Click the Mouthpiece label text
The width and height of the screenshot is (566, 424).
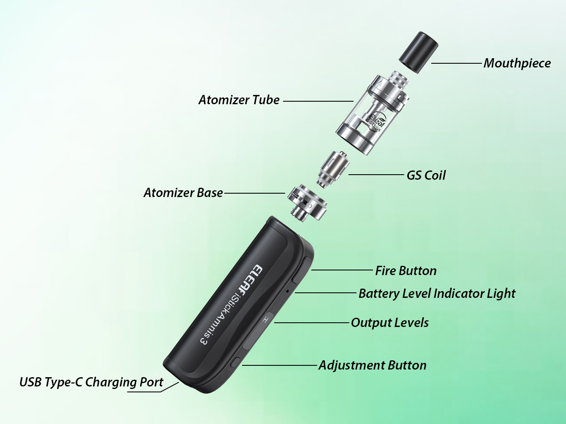tap(517, 63)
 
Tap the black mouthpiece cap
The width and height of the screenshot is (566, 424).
tap(419, 52)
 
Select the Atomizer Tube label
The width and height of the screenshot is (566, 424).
tap(239, 100)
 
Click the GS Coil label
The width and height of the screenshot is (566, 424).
tap(426, 176)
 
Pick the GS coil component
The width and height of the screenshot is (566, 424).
tap(333, 169)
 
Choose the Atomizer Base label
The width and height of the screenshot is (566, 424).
tap(183, 192)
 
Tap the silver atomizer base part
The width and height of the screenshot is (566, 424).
tap(307, 203)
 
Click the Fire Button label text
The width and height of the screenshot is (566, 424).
tap(405, 270)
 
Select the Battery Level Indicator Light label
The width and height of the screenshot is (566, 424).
tap(437, 294)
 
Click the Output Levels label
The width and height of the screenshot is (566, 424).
tap(389, 323)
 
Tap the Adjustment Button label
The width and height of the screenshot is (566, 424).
tap(373, 365)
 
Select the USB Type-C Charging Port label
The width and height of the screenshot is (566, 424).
tap(91, 382)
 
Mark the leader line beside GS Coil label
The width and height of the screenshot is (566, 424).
tap(376, 175)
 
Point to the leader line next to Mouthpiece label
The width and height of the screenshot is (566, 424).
tap(456, 63)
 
